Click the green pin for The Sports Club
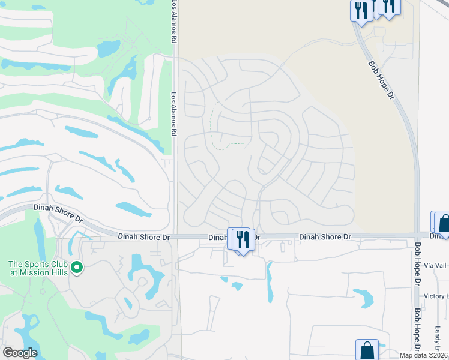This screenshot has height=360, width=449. [x=76, y=266]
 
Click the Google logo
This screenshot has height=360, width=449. [x=20, y=353]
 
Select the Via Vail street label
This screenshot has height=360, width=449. [x=436, y=265]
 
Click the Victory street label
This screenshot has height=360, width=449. [x=436, y=296]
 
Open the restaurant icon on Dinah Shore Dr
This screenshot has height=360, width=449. [x=243, y=239]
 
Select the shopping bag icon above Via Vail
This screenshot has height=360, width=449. [x=443, y=223]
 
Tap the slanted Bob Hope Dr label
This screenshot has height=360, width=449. [x=381, y=79]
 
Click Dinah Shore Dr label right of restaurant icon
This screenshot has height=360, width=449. [x=325, y=237]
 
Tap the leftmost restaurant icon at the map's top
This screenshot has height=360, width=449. [x=361, y=10]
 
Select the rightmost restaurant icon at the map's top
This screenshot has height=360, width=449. [x=390, y=5]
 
